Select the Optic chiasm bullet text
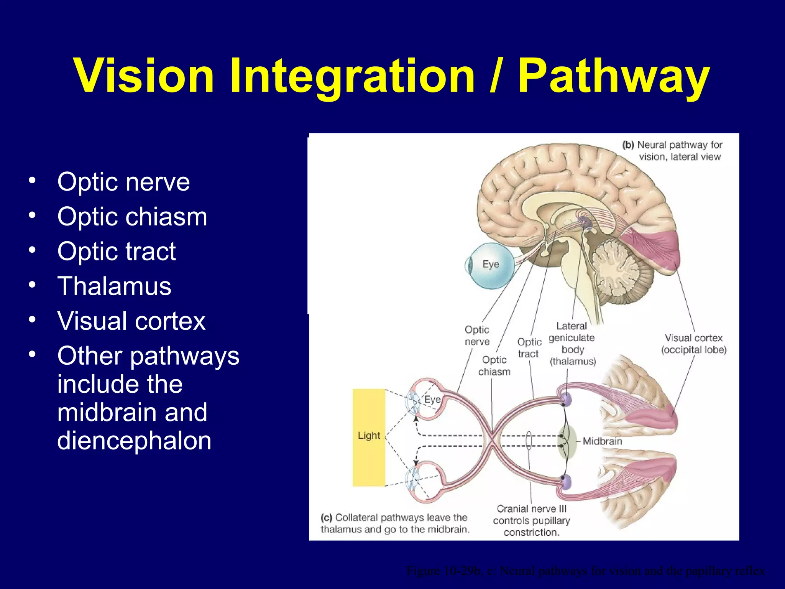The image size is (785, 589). tap(132, 217)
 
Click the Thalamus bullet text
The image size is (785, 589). tap(114, 286)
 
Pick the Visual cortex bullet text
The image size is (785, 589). tap(131, 321)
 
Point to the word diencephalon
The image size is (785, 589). tap(134, 441)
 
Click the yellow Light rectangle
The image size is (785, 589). tap(369, 437)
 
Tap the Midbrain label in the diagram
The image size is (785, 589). tap(602, 441)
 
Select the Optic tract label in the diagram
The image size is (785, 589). tap(529, 348)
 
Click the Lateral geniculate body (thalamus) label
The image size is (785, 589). tap(572, 344)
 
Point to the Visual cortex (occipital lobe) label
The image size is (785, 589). tap(693, 344)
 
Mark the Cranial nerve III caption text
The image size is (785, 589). tap(531, 520)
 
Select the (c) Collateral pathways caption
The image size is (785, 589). tap(395, 523)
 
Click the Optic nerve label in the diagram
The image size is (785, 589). tap(477, 336)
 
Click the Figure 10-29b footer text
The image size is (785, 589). tap(585, 571)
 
